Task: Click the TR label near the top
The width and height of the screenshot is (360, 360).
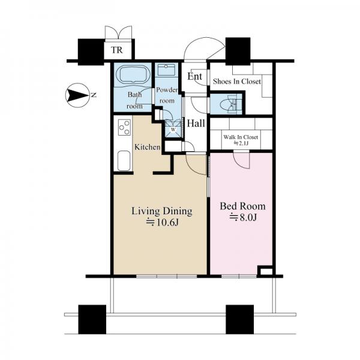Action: [116, 50]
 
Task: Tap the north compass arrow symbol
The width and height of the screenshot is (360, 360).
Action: [77, 95]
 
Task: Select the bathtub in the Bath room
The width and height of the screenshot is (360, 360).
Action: [133, 74]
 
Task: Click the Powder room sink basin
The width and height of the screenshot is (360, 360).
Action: [166, 70]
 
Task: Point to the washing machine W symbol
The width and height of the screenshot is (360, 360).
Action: [173, 129]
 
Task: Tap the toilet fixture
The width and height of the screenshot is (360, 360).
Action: [230, 104]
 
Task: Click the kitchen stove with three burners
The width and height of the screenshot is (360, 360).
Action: [124, 128]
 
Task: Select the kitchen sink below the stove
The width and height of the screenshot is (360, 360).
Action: [124, 160]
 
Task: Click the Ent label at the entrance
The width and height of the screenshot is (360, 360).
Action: [194, 76]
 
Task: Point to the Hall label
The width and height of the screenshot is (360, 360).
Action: [196, 123]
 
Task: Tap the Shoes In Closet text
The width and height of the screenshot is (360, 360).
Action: [237, 81]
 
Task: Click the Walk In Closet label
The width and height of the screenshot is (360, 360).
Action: [241, 137]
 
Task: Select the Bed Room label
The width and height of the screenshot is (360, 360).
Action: [242, 206]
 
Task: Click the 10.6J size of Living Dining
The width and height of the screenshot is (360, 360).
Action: [163, 222]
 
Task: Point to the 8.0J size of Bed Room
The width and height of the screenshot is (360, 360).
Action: [243, 217]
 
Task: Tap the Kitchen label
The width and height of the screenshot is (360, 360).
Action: [147, 147]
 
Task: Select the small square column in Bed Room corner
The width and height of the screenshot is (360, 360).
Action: [265, 271]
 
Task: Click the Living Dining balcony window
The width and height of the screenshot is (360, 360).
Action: [167, 276]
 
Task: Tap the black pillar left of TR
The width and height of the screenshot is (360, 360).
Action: [91, 52]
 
